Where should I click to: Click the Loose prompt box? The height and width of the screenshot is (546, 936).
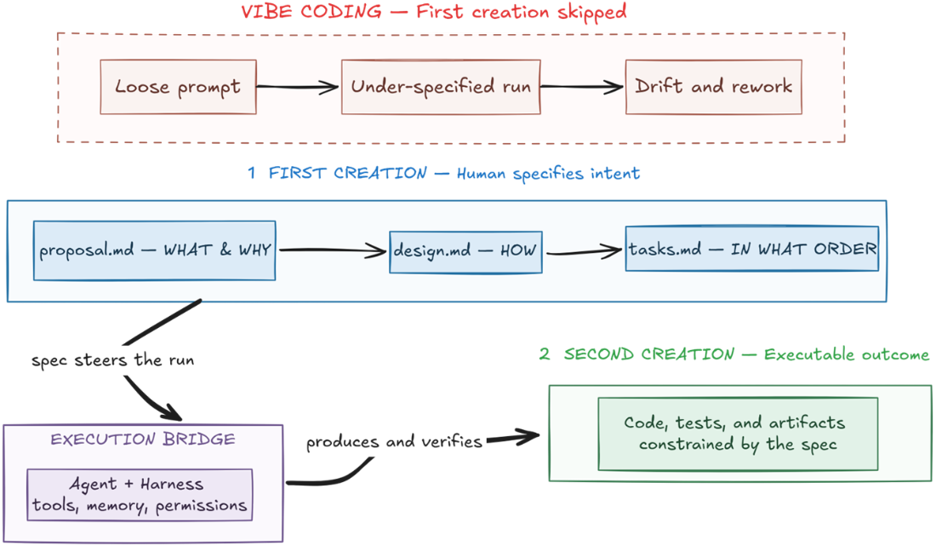pos(178,87)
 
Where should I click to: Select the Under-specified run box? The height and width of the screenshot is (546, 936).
pos(441,87)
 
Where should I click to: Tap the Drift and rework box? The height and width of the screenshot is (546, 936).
pos(713,87)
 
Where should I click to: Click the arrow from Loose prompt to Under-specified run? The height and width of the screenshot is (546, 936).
pos(297,87)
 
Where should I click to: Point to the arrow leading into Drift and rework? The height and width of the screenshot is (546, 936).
pos(582,87)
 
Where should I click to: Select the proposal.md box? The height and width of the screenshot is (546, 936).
pos(155,250)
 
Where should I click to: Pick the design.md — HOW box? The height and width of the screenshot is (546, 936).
pos(465,252)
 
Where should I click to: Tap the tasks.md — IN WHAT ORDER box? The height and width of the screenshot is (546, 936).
pos(752,249)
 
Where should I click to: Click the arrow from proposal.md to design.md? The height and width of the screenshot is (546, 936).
pos(333,250)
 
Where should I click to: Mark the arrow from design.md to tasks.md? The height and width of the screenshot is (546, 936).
pos(584,251)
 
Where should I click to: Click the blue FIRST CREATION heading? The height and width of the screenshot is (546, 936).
pos(443,173)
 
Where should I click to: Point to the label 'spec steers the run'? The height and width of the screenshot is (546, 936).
pos(113,360)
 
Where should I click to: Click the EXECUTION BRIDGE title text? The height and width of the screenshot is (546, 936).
pos(143,439)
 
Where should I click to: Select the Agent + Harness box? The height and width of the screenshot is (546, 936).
pos(140,495)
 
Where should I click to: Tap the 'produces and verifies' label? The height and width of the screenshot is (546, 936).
pos(394,441)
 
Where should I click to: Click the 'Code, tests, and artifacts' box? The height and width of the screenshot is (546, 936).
pos(738,434)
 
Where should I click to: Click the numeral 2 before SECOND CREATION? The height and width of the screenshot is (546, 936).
pos(545,354)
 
